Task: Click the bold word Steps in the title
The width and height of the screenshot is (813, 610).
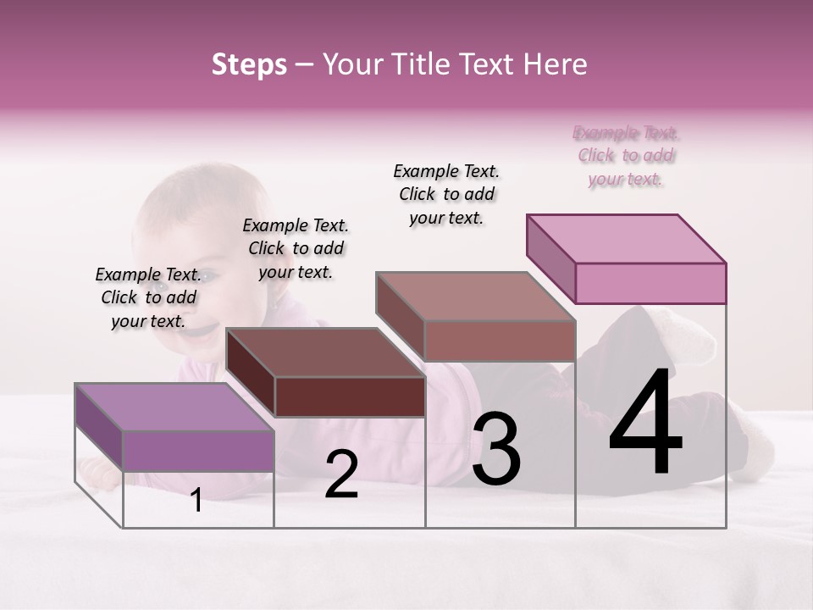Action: tap(249, 64)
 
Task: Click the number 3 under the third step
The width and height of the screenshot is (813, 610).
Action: tap(496, 448)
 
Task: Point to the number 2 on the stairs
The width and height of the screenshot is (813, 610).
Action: tap(341, 474)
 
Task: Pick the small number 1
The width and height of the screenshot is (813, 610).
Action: tap(196, 501)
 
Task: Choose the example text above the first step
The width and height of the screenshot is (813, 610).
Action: tap(149, 297)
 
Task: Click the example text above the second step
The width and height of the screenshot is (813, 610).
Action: tap(296, 248)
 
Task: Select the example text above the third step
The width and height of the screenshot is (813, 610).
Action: tap(446, 194)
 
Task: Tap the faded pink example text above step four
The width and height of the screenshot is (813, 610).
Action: tap(627, 156)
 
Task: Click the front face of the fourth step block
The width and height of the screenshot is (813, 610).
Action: tap(650, 283)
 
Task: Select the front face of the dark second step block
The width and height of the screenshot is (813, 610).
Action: tap(350, 396)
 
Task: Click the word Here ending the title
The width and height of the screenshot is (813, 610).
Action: tap(559, 64)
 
